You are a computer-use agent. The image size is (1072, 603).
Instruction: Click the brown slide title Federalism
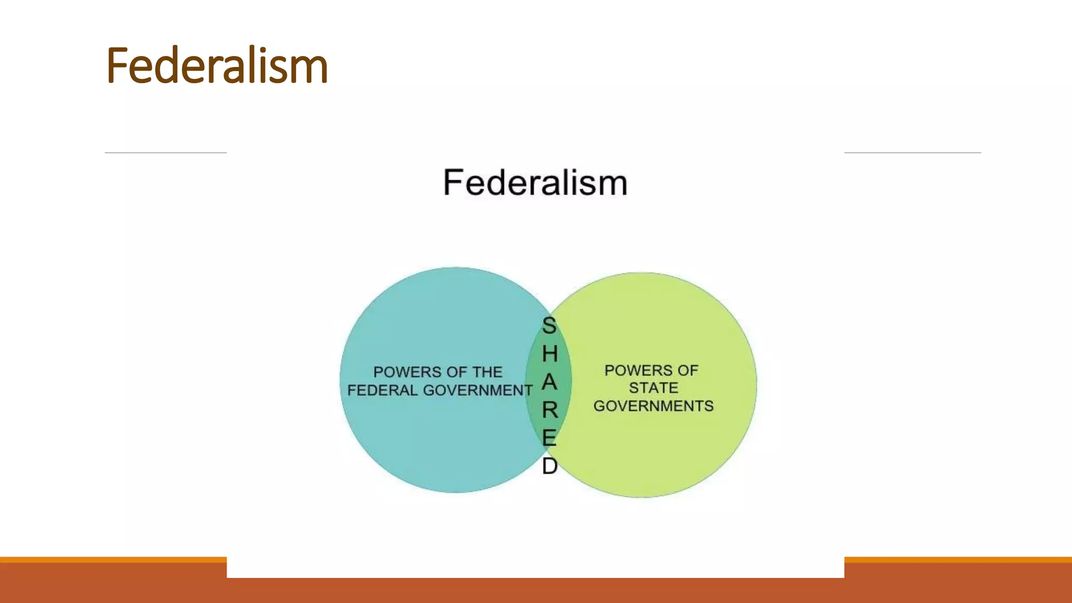coord(217,66)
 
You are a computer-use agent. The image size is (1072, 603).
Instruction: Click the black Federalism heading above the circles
coord(535,183)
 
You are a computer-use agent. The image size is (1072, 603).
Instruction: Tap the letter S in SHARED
coord(549,326)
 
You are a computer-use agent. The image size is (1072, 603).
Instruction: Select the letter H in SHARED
coord(550,354)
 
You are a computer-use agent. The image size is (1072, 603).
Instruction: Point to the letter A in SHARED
coord(549,382)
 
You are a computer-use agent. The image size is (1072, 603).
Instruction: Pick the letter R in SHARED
coord(550,410)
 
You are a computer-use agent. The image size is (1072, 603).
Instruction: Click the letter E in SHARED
coord(549,438)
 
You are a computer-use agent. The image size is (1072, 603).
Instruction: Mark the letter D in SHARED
coord(550,466)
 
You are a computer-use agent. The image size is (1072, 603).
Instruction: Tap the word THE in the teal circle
coord(487,372)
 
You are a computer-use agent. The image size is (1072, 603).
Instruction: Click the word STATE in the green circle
coord(653,388)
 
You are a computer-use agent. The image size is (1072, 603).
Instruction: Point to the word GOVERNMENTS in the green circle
coord(653,406)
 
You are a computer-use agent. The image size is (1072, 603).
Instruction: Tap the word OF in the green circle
coord(688,371)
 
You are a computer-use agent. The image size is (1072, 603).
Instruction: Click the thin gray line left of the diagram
coord(165,153)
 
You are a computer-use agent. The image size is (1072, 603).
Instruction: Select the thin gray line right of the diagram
coord(912,153)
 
